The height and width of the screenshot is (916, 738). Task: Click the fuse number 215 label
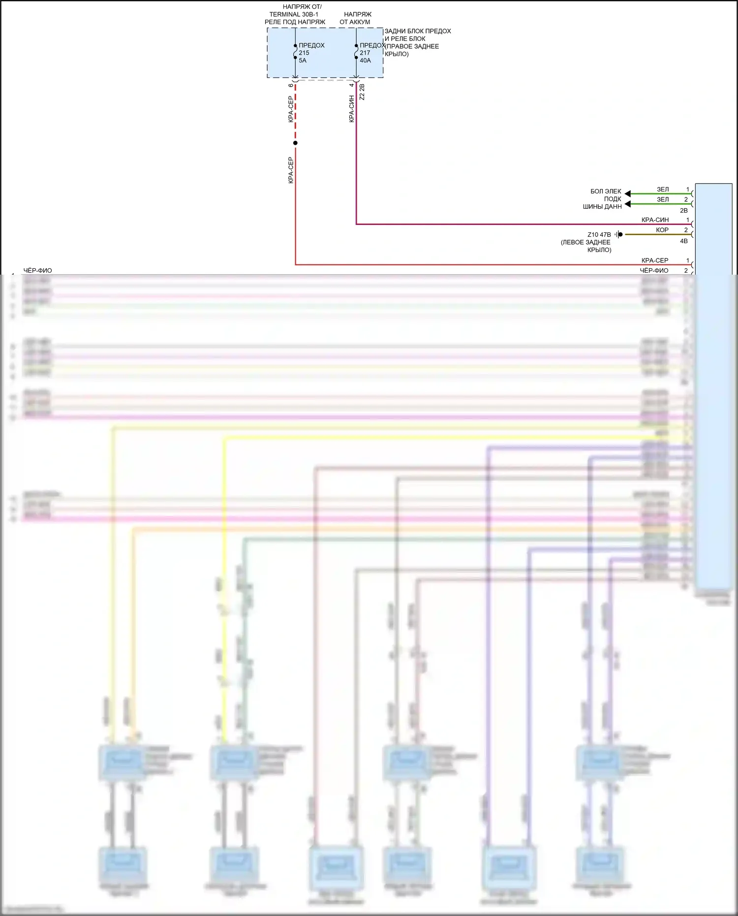pos(304,53)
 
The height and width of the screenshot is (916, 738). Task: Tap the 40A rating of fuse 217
pos(365,61)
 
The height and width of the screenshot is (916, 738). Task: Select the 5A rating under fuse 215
pos(303,61)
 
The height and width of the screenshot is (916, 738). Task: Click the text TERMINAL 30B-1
pos(294,14)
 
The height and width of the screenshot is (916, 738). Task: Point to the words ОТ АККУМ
pos(355,22)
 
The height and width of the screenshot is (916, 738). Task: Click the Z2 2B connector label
pos(362,92)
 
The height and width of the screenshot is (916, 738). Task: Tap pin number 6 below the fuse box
pos(291,85)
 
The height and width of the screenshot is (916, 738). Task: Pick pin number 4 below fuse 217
pos(351,85)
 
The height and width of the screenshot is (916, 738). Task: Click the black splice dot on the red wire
pos(295,143)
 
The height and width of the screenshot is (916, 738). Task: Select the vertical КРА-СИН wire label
pos(351,109)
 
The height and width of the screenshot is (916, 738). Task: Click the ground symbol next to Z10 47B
pos(619,234)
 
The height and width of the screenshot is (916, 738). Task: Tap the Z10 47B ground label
pos(599,235)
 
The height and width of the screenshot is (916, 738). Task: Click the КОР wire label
pos(662,230)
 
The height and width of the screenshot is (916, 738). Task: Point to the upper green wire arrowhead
pos(628,193)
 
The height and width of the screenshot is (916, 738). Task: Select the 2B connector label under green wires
pos(683,210)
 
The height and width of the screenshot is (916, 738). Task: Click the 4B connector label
pos(683,241)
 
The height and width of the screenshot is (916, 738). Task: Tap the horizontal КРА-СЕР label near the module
pos(654,260)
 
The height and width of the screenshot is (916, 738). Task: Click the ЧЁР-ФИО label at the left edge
pos(37,270)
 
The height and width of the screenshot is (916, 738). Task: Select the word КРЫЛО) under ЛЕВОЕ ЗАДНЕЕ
pos(599,250)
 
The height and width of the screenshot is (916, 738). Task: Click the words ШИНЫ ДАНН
pos(602,207)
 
